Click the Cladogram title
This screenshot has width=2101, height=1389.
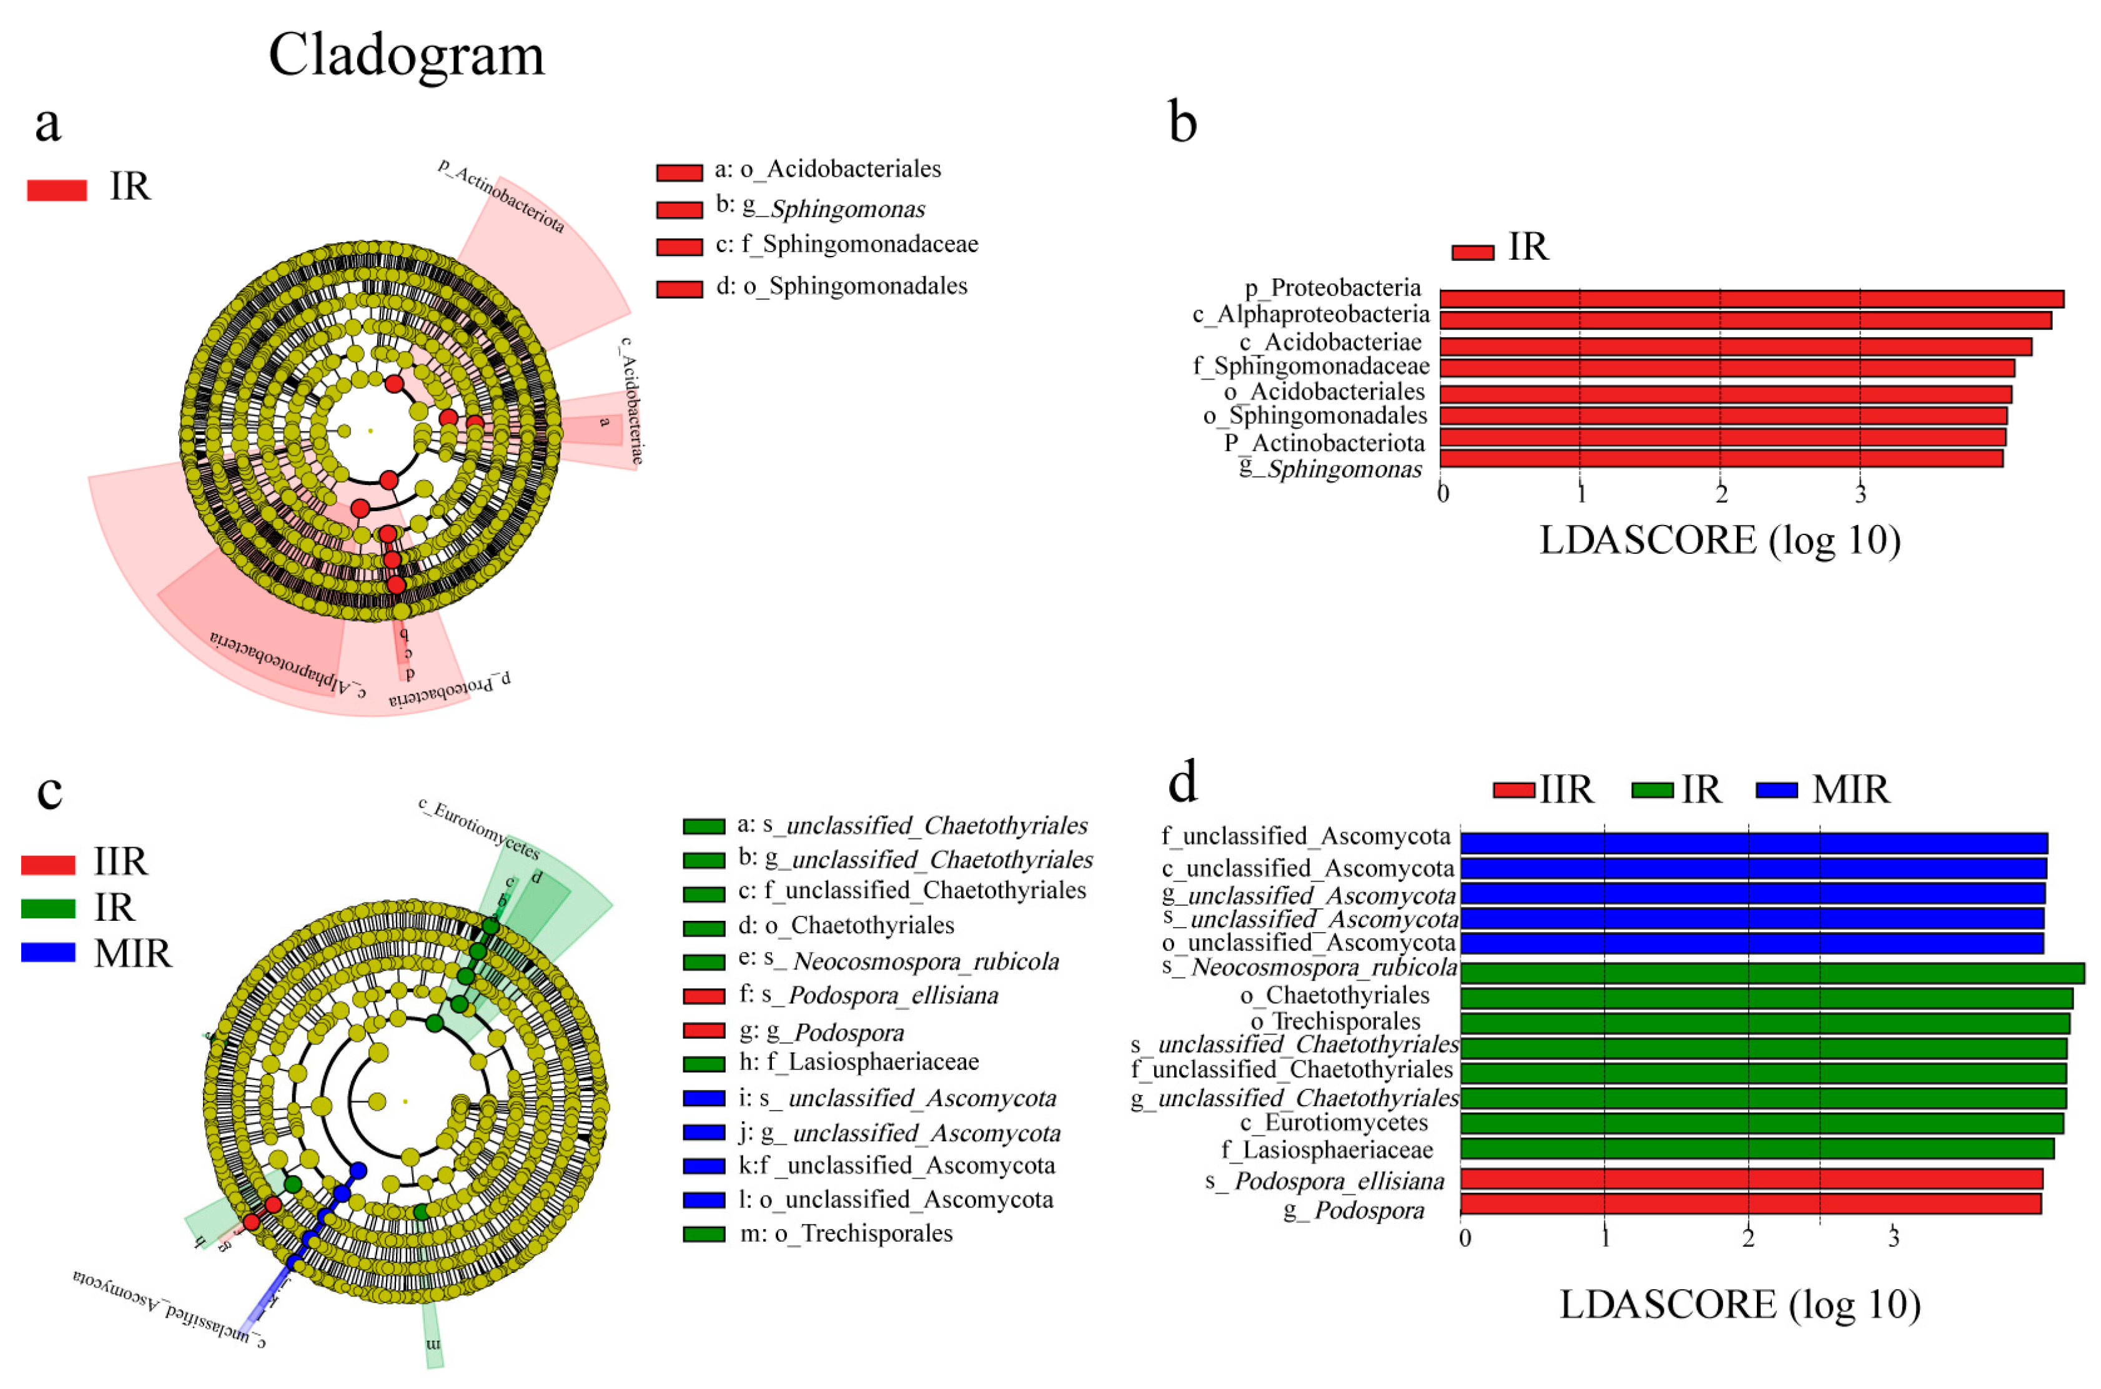[x=406, y=55]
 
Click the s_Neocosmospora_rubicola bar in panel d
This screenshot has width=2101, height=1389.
[x=1772, y=973]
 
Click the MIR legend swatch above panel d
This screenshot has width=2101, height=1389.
[x=1777, y=789]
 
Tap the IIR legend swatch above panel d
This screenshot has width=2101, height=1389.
[x=1513, y=789]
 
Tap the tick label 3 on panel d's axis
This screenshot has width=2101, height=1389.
[x=1893, y=1237]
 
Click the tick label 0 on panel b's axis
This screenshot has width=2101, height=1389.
[x=1443, y=493]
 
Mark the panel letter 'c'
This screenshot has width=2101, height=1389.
[x=49, y=790]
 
